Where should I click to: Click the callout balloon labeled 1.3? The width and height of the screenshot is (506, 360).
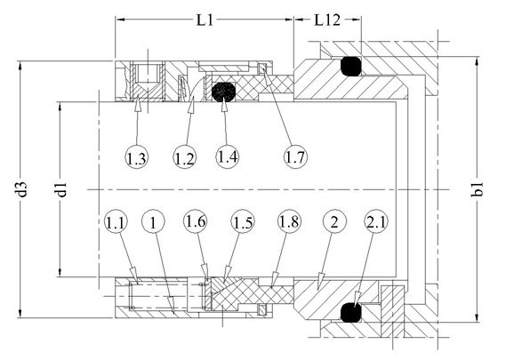(x=136, y=157)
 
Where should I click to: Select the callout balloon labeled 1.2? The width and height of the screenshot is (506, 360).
(x=185, y=157)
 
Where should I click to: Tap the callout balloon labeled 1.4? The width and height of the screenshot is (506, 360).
(x=227, y=156)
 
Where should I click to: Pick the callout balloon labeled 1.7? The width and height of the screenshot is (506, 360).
(x=295, y=157)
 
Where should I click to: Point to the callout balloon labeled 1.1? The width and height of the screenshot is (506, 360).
(x=116, y=222)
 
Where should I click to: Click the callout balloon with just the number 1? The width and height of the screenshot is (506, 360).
(x=153, y=222)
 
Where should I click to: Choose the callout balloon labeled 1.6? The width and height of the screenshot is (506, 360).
(x=196, y=221)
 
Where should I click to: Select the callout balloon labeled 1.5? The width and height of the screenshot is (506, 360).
(x=243, y=222)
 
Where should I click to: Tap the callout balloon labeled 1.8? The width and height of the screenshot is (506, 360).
(x=289, y=221)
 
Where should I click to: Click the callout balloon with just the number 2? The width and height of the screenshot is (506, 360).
(x=334, y=221)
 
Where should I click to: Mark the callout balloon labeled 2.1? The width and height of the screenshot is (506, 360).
(x=376, y=221)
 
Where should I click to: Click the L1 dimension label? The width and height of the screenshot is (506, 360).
(x=205, y=20)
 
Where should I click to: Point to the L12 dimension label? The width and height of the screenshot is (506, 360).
(x=327, y=20)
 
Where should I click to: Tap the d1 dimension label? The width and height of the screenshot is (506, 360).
(x=60, y=189)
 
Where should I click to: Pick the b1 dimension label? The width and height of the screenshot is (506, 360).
(x=477, y=189)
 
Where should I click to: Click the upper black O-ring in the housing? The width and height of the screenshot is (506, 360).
(x=350, y=67)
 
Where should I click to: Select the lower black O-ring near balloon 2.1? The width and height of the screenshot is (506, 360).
(x=350, y=312)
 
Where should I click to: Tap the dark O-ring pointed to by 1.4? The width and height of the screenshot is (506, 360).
(x=223, y=92)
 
